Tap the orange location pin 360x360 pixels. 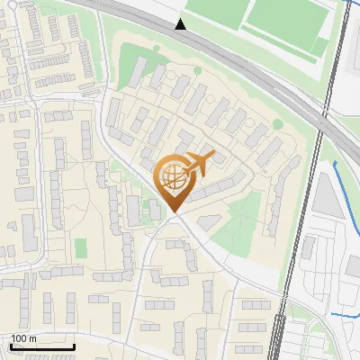174,179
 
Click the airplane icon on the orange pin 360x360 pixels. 198,165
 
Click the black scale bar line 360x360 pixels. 41,346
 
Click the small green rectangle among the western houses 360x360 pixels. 81,247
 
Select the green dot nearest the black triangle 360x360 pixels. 157,49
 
